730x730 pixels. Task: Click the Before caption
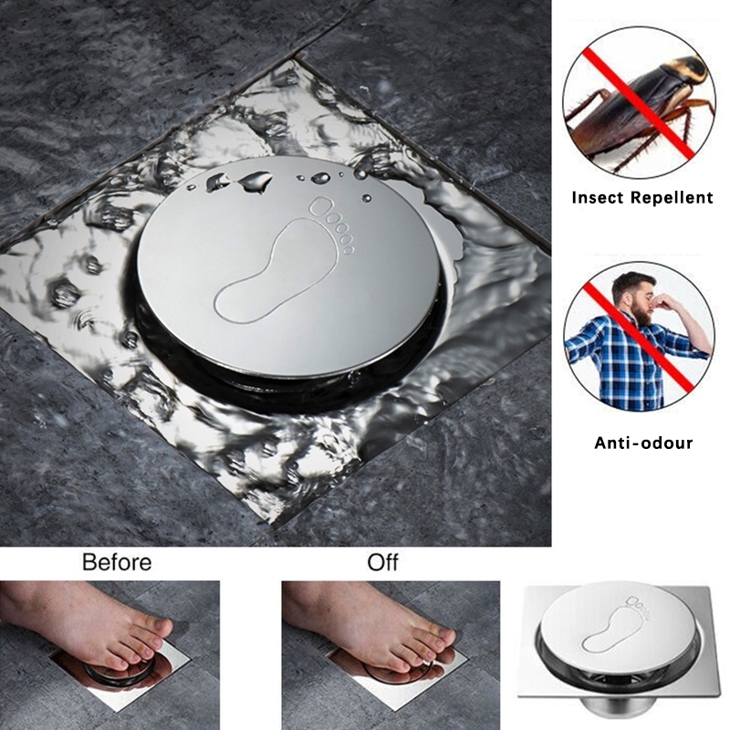(x=117, y=561)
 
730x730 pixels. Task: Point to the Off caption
(x=382, y=561)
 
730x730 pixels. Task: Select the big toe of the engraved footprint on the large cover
(x=321, y=209)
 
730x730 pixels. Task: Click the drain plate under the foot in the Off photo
(x=429, y=675)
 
